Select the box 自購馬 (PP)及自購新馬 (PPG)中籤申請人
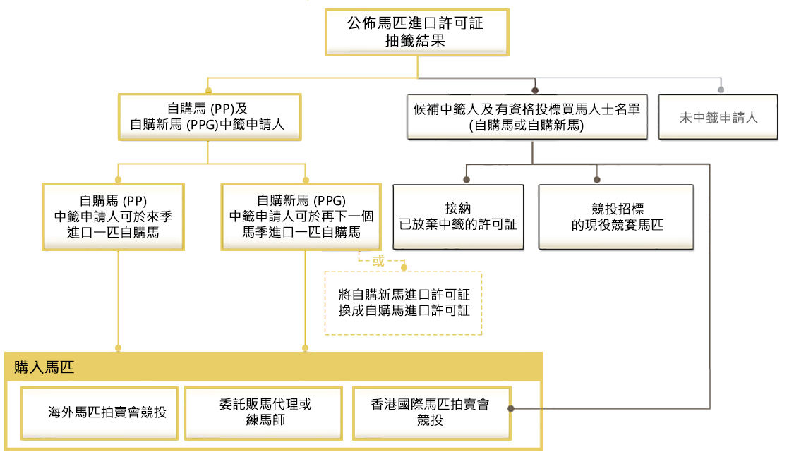207,117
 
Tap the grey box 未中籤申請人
718,118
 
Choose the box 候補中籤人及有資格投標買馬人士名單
527,117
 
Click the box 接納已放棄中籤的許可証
458,217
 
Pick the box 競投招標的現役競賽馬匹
616,217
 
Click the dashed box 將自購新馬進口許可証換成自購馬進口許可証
403,302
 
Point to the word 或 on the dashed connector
378,260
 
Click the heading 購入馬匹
44,367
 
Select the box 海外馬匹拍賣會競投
100,412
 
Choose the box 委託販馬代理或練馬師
265,412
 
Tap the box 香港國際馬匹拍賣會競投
429,412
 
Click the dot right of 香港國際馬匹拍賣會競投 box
510,408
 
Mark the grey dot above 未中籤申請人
720,90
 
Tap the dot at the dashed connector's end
404,267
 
